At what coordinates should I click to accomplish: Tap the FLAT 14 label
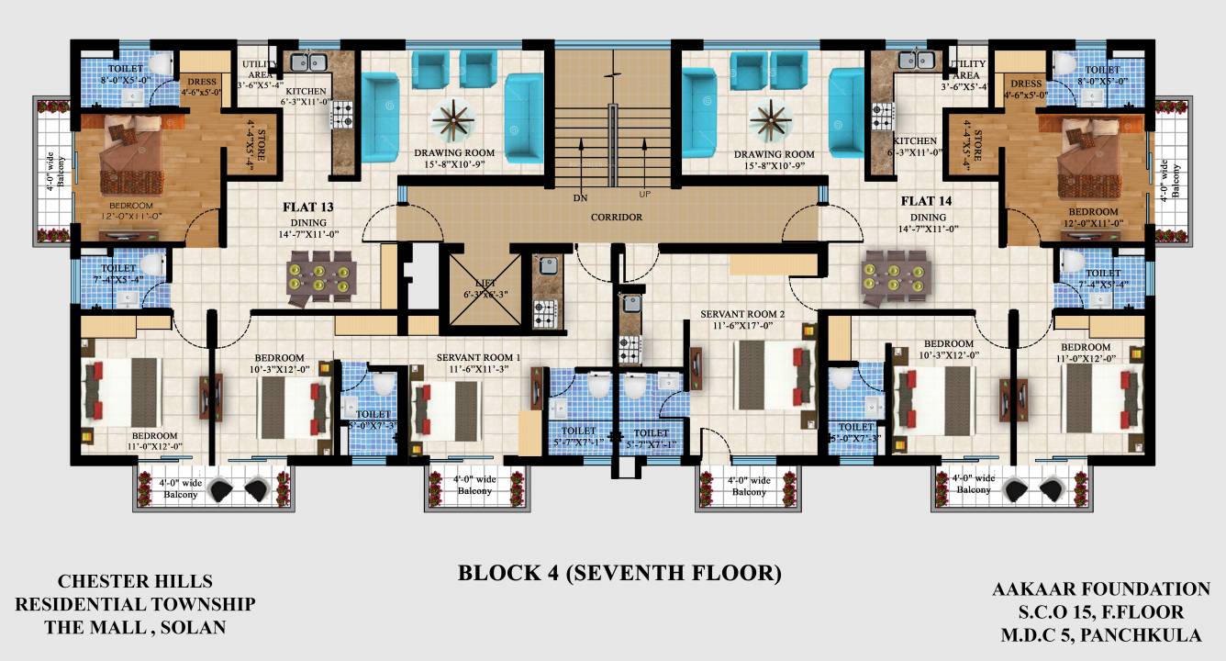click(925, 201)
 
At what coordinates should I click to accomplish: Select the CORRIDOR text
click(617, 218)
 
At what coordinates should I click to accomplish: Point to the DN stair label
click(579, 196)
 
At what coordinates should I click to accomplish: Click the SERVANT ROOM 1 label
click(478, 357)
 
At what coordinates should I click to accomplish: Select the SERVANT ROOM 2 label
click(742, 313)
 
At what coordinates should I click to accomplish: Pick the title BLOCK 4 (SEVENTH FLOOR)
click(619, 574)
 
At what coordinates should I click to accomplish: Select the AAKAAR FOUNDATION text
click(1100, 588)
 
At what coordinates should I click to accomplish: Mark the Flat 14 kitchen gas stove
click(883, 115)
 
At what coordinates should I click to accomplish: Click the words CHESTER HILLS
click(135, 581)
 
